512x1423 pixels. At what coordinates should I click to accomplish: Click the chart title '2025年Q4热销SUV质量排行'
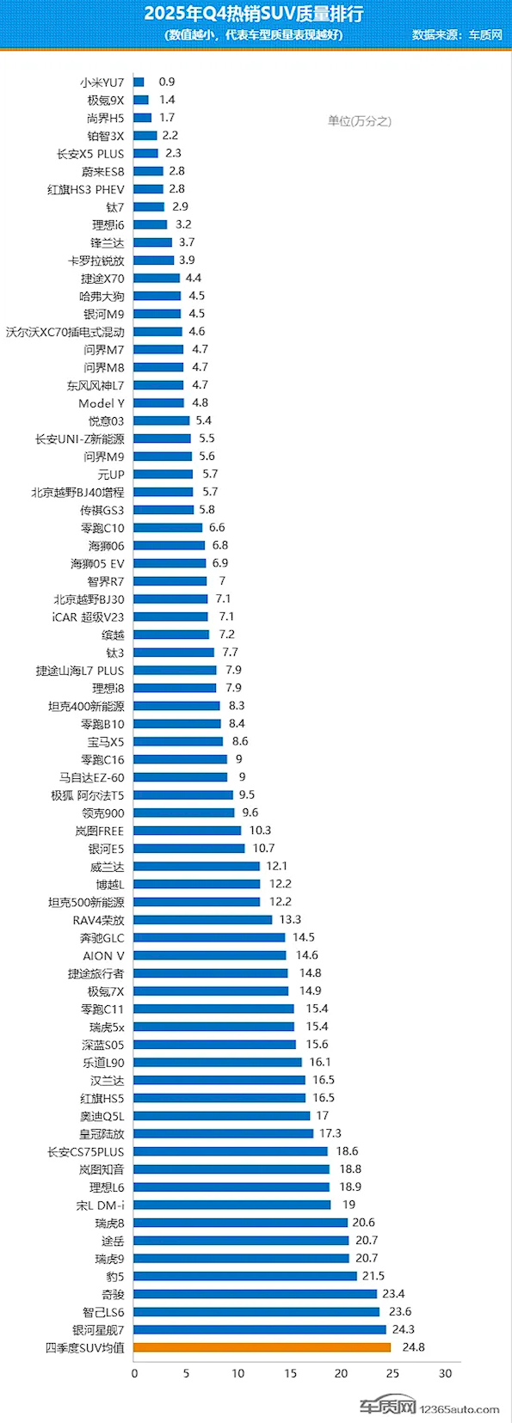point(253,14)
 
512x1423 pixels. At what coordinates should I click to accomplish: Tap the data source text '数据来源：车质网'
point(456,35)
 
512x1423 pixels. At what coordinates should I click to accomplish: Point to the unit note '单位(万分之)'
point(359,121)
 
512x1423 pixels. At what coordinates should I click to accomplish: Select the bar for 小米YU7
point(139,83)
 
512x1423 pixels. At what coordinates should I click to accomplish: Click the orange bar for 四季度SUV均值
point(262,1347)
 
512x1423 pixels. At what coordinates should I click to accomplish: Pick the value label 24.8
point(413,1347)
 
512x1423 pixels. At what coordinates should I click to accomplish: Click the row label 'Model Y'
point(101,403)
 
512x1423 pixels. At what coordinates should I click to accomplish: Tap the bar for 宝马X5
point(178,741)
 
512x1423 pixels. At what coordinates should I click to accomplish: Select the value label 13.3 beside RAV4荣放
point(290,920)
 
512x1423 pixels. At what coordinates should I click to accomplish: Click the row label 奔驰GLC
point(102,938)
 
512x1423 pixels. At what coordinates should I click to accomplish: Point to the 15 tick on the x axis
point(290,1373)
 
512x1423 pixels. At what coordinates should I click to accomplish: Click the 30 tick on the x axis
point(445,1373)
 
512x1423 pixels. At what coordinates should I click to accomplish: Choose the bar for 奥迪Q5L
point(221,1116)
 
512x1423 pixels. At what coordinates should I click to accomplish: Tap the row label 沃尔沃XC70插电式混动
point(65,332)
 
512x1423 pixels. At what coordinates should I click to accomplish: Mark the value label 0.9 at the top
point(167,82)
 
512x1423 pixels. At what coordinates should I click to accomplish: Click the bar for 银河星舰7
point(259,1330)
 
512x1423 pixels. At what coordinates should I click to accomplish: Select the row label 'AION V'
point(103,956)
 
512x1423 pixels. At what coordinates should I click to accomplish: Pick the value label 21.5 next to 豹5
point(373,1276)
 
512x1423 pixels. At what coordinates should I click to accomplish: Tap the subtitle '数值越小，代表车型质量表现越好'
point(253,35)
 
